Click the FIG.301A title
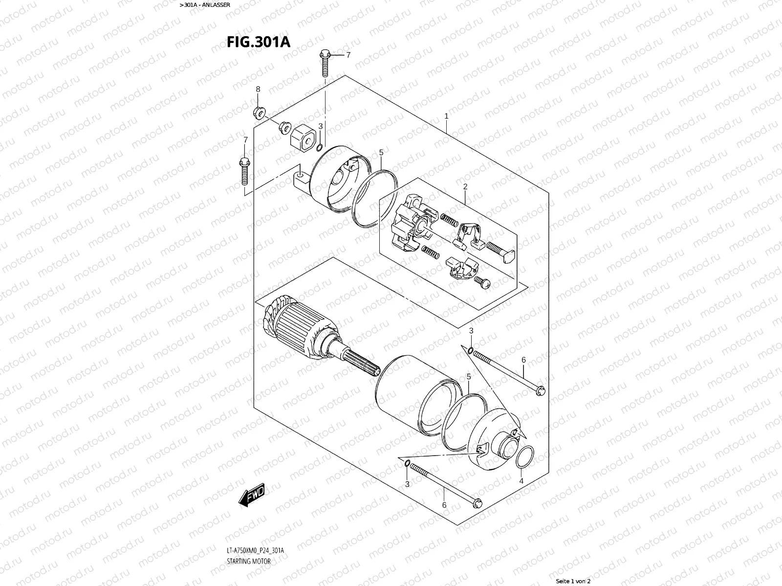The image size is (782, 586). coord(258,42)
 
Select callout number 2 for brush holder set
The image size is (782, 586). coord(465,187)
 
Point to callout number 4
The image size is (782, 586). coord(521,481)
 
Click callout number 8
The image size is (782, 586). coord(258,89)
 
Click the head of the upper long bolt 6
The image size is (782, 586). coord(540,391)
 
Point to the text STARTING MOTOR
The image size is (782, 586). coord(248,561)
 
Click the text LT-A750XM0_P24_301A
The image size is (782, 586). coord(255,551)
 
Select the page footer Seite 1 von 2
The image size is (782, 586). coord(573,581)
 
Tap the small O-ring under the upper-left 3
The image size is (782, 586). coord(319,148)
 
